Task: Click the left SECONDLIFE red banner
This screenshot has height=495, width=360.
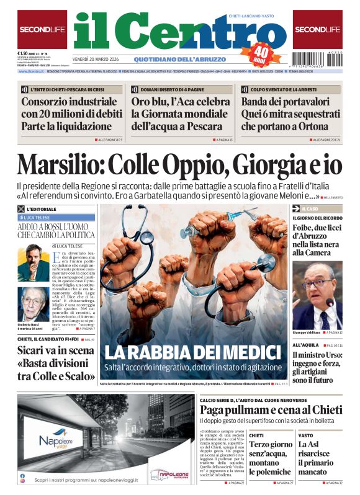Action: [42, 29]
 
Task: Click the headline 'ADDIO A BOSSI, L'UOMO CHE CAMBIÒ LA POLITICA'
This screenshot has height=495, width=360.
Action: [56, 231]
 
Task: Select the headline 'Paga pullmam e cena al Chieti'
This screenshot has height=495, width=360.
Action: [271, 410]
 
